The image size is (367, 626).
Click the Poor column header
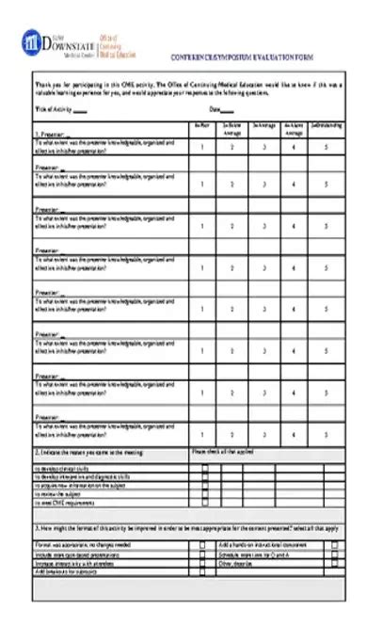click(x=202, y=124)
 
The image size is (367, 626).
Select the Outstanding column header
click(x=327, y=124)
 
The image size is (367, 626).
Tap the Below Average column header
click(x=232, y=128)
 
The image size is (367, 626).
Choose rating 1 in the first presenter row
click(x=202, y=147)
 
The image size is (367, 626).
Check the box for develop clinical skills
click(x=204, y=468)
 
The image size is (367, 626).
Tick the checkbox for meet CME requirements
click(x=204, y=503)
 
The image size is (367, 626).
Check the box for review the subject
click(x=204, y=494)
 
